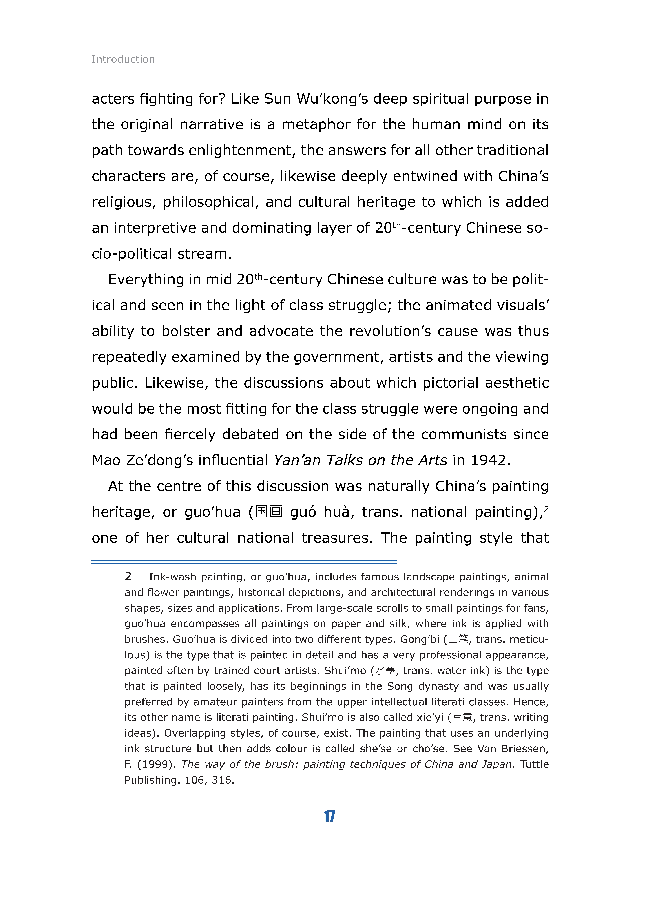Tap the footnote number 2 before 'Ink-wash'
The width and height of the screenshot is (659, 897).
(x=128, y=577)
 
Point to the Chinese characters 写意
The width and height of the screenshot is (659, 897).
(x=462, y=718)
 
